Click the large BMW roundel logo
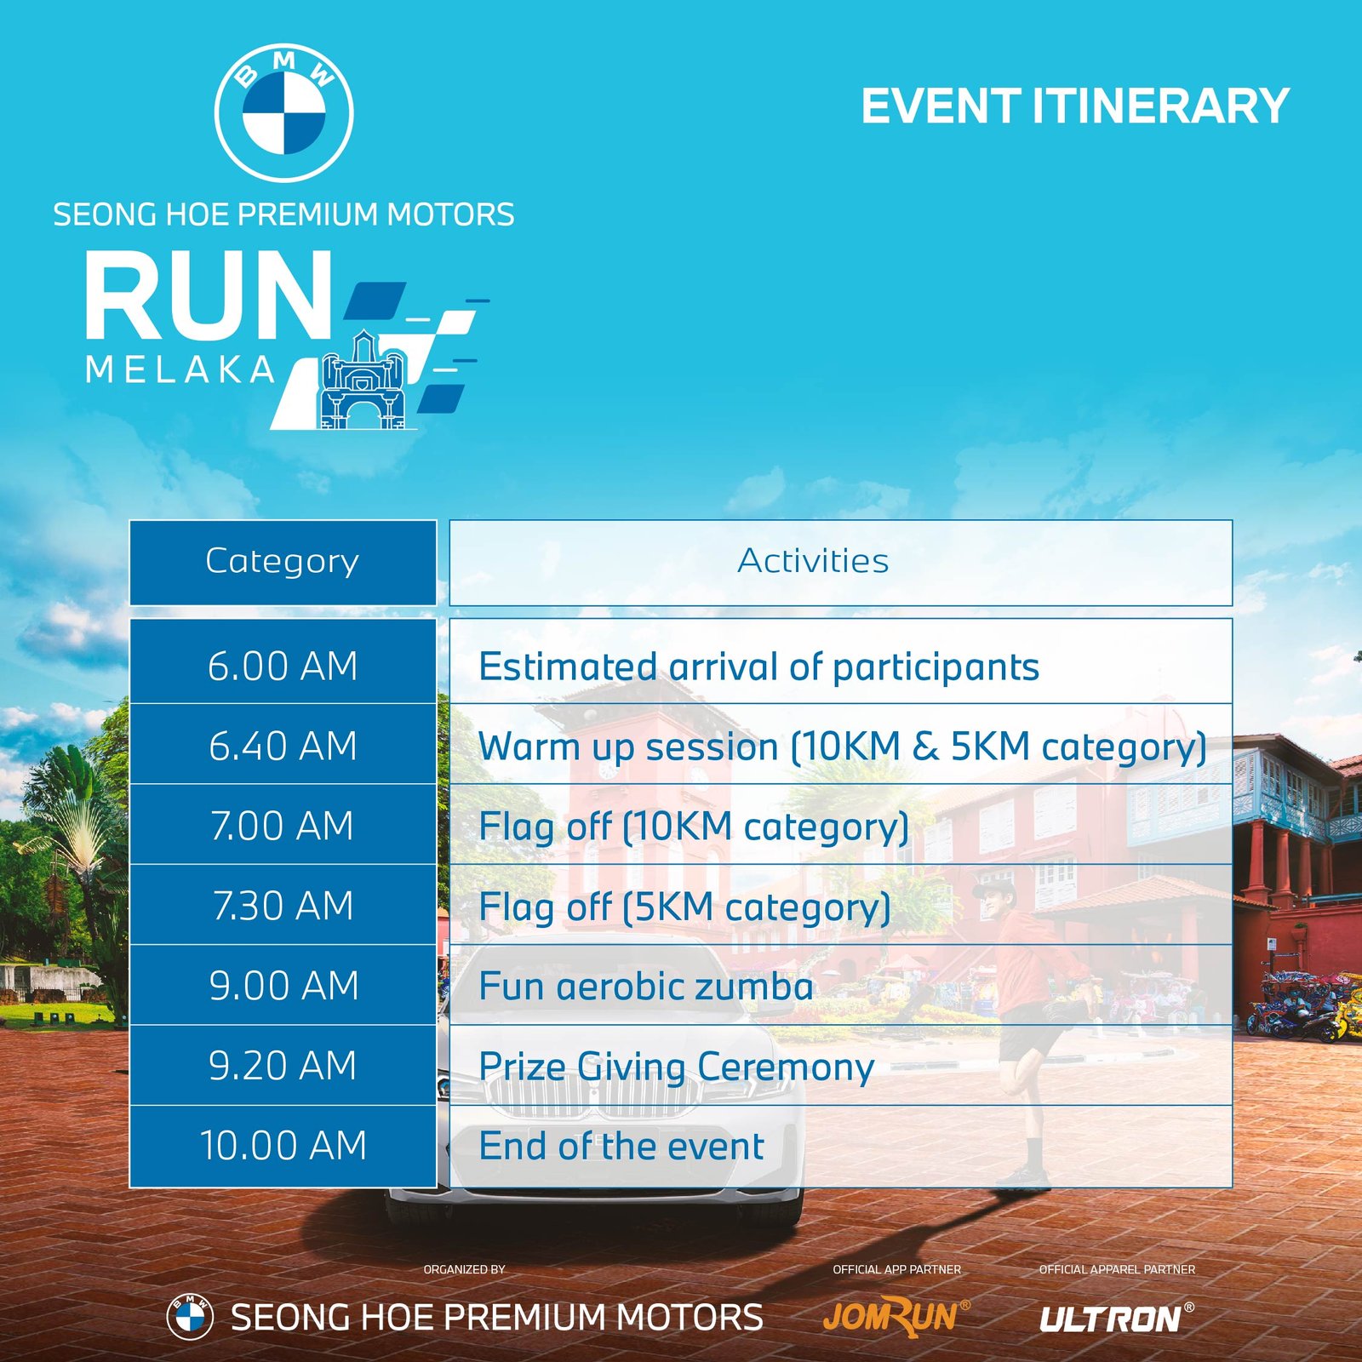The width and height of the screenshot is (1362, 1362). click(283, 112)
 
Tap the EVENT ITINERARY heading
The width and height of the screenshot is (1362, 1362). click(1075, 106)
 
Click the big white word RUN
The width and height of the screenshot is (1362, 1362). click(209, 295)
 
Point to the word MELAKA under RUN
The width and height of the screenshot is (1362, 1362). click(180, 369)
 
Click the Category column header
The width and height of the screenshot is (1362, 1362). click(283, 563)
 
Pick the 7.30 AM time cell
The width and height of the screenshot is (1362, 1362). click(283, 905)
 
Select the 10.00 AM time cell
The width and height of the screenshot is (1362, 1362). click(283, 1147)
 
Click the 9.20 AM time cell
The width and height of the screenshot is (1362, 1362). click(283, 1066)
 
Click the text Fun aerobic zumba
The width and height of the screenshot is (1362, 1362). click(646, 987)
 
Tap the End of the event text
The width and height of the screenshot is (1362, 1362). click(621, 1146)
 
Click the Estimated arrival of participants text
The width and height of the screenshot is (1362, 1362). click(759, 667)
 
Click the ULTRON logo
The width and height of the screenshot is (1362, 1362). click(1116, 1319)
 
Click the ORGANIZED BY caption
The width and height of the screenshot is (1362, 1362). click(465, 1269)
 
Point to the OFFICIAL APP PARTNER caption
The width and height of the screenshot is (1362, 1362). click(896, 1269)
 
